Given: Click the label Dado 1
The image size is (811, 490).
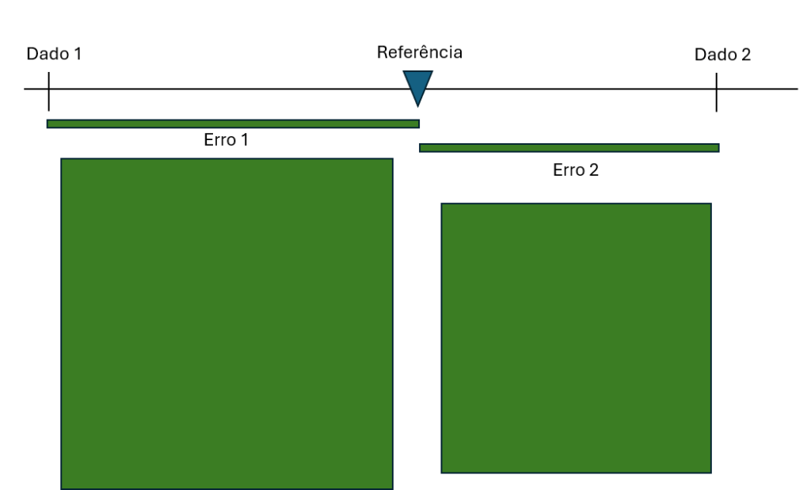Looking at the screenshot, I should tap(54, 54).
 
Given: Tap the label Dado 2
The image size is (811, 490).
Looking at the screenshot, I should tap(722, 54).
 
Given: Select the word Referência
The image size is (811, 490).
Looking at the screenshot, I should tap(419, 53).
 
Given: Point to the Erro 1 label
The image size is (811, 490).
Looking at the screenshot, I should tap(226, 140).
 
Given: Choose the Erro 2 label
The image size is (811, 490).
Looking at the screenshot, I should tap(575, 169).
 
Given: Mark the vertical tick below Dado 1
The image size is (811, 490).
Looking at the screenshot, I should tap(49, 91).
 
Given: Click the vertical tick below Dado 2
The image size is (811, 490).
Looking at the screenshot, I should tap(716, 92).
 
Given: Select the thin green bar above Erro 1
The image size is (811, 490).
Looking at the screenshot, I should tap(233, 123).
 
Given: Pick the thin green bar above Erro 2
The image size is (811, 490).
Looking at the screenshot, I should tap(569, 148).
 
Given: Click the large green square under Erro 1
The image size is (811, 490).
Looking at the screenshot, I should tap(227, 324).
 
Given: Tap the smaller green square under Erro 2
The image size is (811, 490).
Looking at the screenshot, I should tap(576, 338).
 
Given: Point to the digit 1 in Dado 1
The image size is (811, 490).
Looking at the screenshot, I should tap(77, 54).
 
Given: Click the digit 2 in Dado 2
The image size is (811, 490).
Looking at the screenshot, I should tap(745, 54).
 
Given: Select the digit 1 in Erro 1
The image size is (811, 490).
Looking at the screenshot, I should tap(244, 140).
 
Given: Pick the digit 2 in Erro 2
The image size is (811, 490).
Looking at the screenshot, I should tap(593, 169).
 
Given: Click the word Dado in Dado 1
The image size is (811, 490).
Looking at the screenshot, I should tap(46, 54).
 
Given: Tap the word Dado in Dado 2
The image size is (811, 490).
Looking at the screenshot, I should tap(714, 54).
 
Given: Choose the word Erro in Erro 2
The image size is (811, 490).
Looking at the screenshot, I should tap(567, 169).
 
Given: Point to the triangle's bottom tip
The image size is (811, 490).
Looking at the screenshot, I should tap(417, 104).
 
